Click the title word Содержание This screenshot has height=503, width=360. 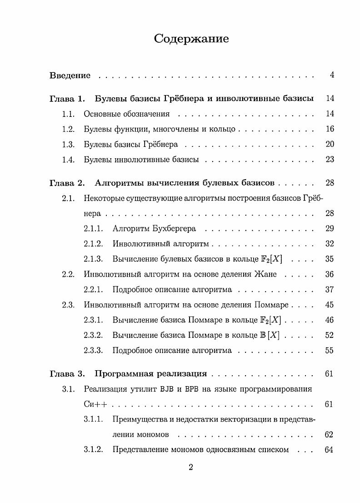[191, 39]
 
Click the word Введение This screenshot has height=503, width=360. [70, 75]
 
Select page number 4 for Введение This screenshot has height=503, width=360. [332, 75]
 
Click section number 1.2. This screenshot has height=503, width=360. [68, 129]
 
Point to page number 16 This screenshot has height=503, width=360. [330, 129]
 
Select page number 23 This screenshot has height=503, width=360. [330, 160]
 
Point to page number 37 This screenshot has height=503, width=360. [330, 290]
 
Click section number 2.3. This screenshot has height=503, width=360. [68, 305]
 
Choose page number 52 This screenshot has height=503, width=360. [330, 335]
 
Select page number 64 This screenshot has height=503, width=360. [330, 450]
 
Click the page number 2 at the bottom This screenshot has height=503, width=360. [191, 468]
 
